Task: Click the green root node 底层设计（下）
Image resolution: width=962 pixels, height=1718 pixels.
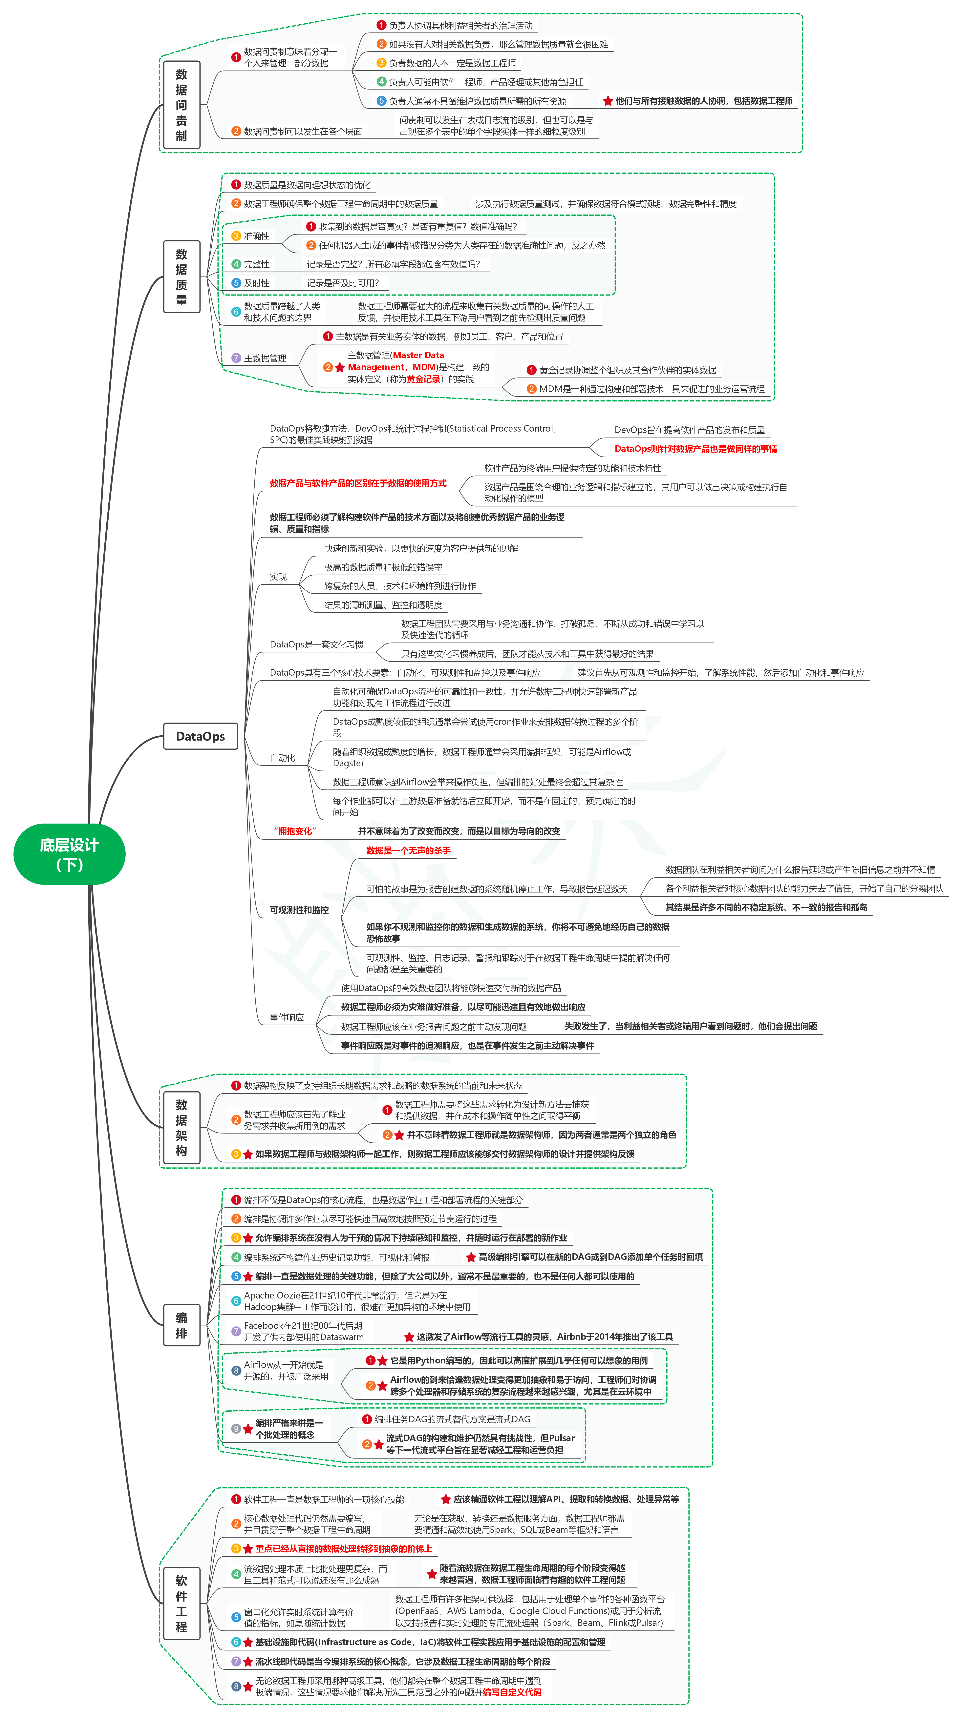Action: [x=69, y=854]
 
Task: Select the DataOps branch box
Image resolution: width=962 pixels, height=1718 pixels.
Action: [x=200, y=736]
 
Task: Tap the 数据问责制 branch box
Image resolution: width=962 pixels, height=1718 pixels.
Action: [x=182, y=105]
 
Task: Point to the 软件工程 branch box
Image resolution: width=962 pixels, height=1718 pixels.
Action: [x=182, y=1603]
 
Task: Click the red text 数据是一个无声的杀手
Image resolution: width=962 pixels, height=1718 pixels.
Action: [x=408, y=850]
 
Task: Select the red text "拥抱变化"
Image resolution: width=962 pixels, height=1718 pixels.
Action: [x=295, y=831]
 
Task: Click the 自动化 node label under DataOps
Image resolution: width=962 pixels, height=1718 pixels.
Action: [x=282, y=758]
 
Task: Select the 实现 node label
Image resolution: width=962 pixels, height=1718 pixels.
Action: [x=278, y=576]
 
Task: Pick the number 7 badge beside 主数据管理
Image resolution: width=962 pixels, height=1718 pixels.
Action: [x=235, y=358]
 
